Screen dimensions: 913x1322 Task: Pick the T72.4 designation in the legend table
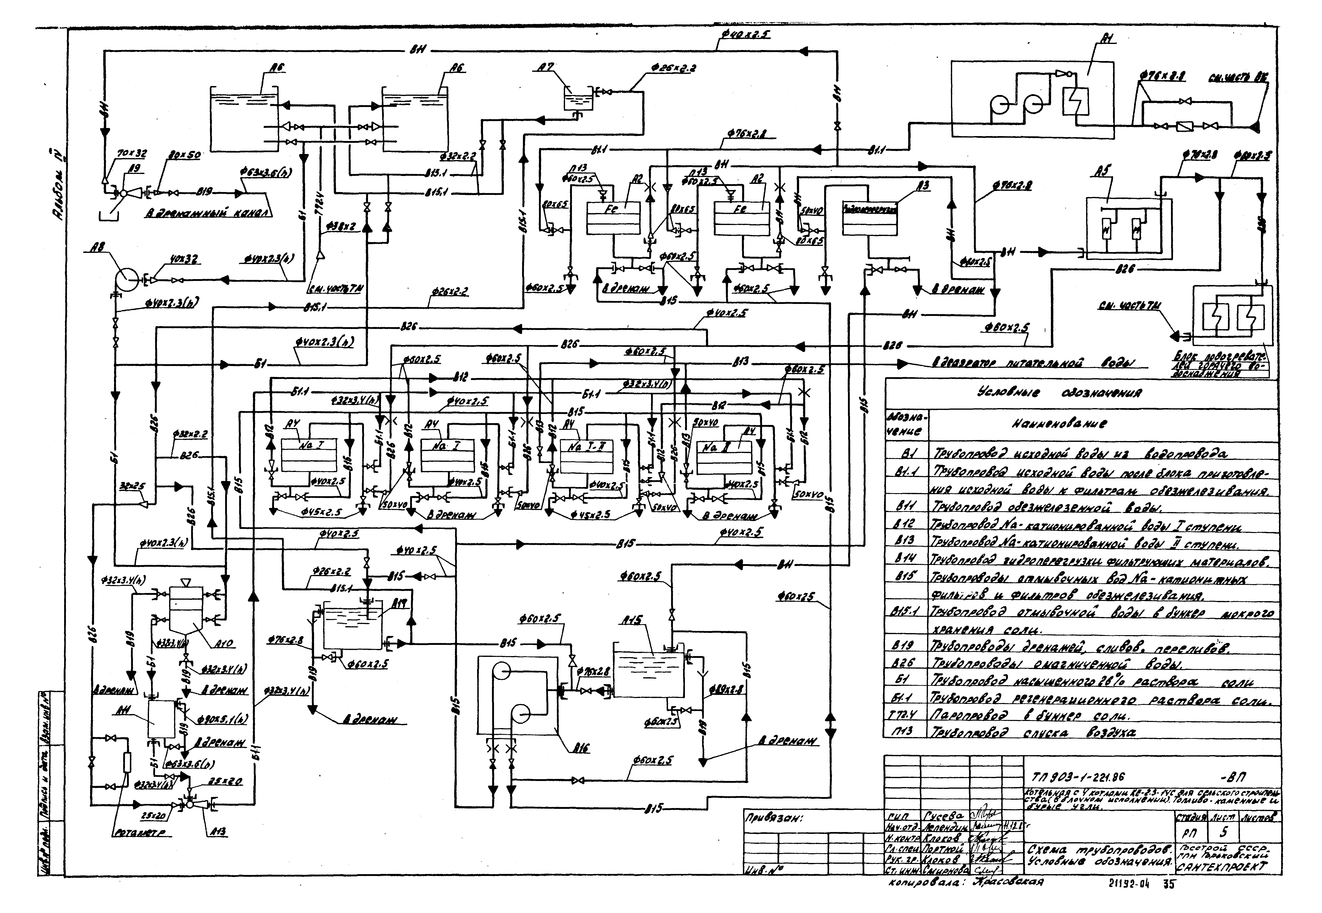click(x=903, y=716)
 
